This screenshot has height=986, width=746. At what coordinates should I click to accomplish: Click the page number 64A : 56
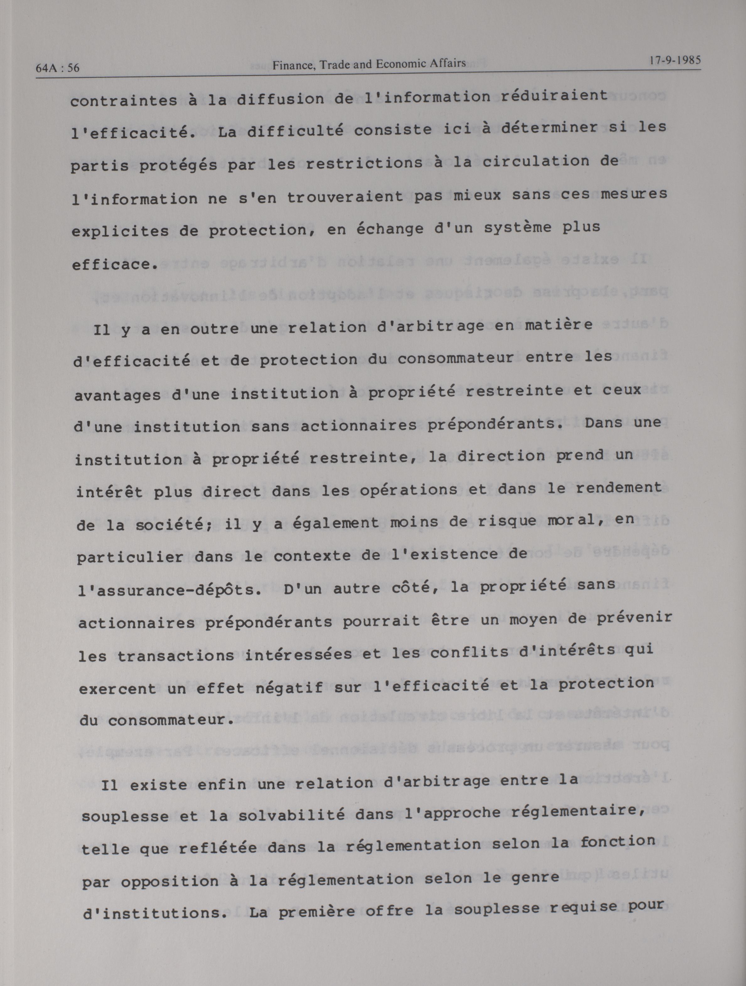point(57,68)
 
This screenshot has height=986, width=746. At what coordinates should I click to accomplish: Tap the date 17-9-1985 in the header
point(675,60)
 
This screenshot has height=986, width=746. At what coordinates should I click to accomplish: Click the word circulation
point(536,161)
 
